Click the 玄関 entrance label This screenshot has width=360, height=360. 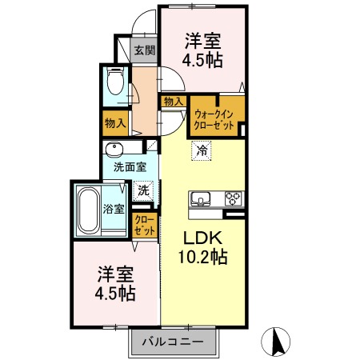click(145, 50)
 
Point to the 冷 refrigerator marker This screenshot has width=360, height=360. click(202, 150)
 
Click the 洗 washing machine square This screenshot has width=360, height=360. click(144, 191)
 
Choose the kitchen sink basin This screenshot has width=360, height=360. click(200, 198)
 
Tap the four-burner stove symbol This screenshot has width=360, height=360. click(234, 198)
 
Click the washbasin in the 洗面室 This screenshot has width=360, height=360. click(114, 150)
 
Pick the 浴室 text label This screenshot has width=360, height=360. click(114, 210)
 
